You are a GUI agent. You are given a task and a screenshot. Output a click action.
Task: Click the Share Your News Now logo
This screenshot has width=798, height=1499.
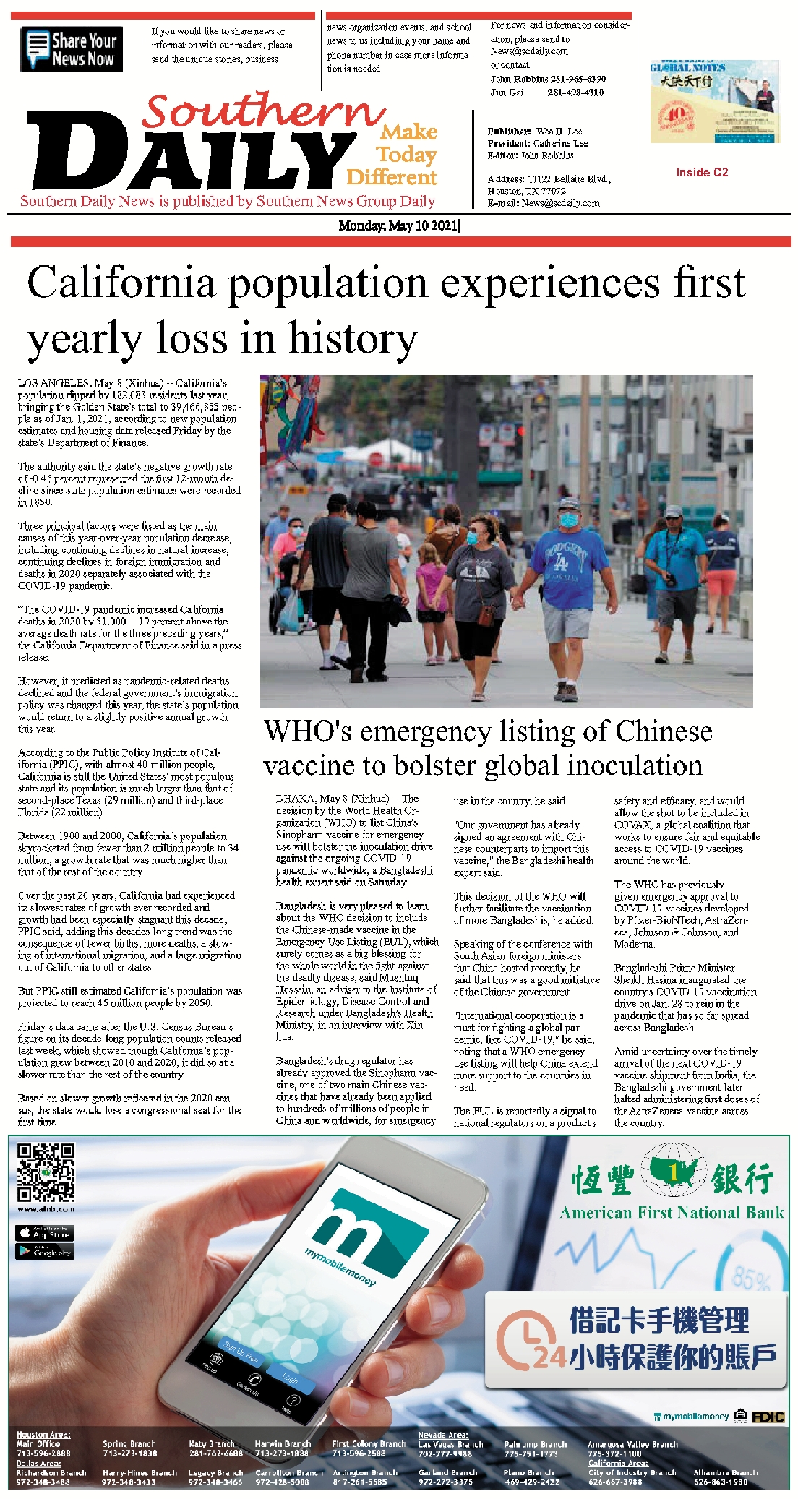point(72,49)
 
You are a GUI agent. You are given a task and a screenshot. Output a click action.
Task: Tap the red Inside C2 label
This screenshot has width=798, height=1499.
point(702,172)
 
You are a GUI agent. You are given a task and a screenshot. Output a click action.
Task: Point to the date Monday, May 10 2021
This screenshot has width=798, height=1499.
point(398,226)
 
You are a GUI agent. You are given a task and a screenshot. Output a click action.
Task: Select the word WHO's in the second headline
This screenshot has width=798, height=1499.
point(308,731)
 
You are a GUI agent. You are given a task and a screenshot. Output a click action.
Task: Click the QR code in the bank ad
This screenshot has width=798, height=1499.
point(46,1172)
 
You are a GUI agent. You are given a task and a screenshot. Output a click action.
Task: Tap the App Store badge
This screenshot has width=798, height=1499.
point(44,1233)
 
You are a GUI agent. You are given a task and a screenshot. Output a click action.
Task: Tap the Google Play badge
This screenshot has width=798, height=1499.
point(44,1252)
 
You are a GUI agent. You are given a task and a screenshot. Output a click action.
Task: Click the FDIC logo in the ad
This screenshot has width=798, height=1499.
point(768,1417)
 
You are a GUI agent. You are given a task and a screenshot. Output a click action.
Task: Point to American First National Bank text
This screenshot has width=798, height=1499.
point(672,1213)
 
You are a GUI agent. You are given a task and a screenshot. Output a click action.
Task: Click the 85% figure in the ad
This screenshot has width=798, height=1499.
point(751,1279)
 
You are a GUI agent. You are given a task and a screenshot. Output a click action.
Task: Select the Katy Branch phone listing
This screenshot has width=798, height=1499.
point(215,1448)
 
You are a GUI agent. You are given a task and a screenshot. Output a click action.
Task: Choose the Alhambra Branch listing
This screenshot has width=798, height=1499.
point(725,1477)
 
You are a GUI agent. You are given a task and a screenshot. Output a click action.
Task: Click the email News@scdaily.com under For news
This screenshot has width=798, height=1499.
point(529,51)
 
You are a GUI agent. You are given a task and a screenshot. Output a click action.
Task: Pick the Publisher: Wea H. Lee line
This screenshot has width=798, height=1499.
point(535,132)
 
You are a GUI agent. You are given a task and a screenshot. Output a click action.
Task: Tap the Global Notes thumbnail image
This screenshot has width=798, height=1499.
point(714,102)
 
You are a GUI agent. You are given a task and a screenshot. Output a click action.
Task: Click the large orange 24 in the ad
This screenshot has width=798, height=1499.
point(549,1357)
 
